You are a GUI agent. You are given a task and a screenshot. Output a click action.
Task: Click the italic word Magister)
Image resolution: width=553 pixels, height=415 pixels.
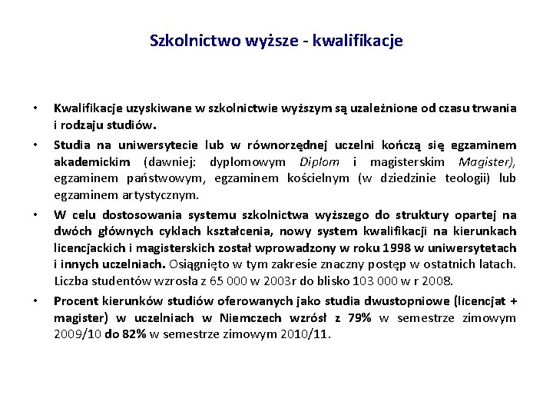coord(487,161)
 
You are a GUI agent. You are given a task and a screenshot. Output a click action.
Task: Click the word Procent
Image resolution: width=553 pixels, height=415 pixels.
coord(75,300)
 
